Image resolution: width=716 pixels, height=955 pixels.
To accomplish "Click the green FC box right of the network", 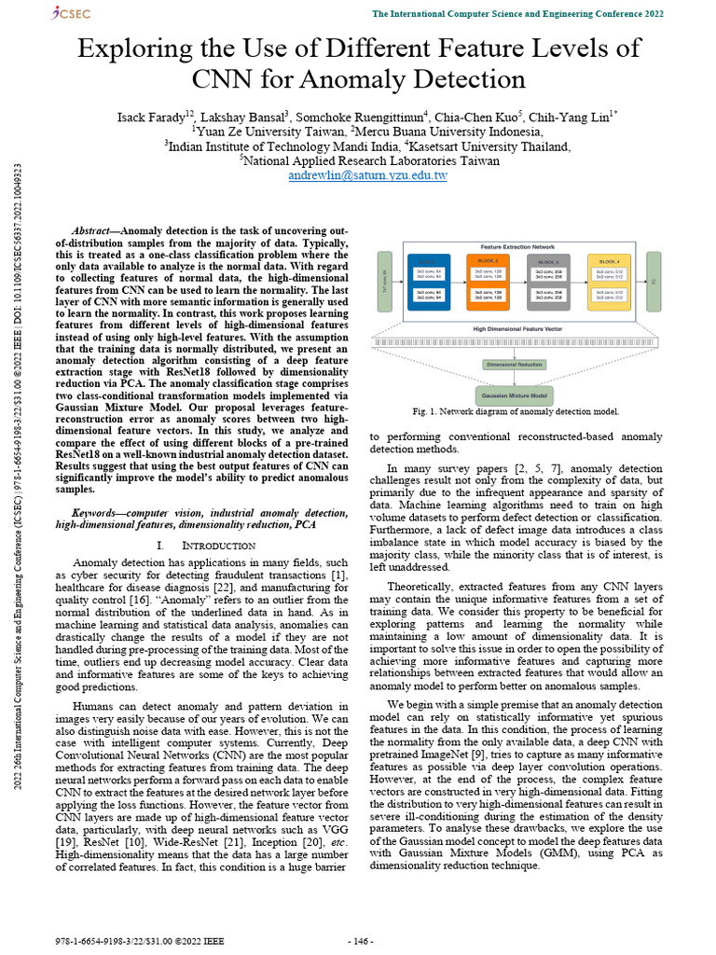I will tap(654, 280).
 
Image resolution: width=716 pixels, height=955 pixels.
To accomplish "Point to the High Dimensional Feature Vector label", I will tap(517, 329).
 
